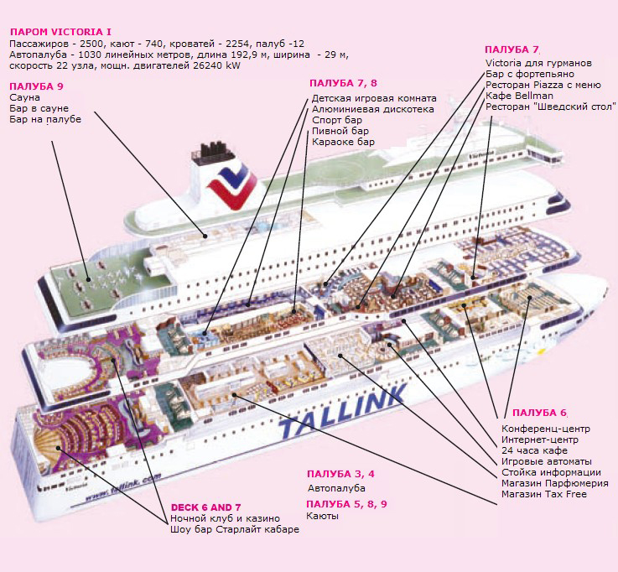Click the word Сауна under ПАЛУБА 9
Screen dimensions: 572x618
[25, 97]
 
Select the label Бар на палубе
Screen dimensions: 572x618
[45, 120]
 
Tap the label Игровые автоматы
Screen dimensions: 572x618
[546, 461]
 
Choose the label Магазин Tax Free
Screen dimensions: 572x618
[543, 494]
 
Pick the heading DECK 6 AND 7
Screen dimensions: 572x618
[205, 507]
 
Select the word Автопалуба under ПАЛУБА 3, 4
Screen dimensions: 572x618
[336, 487]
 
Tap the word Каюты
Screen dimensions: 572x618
[323, 516]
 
